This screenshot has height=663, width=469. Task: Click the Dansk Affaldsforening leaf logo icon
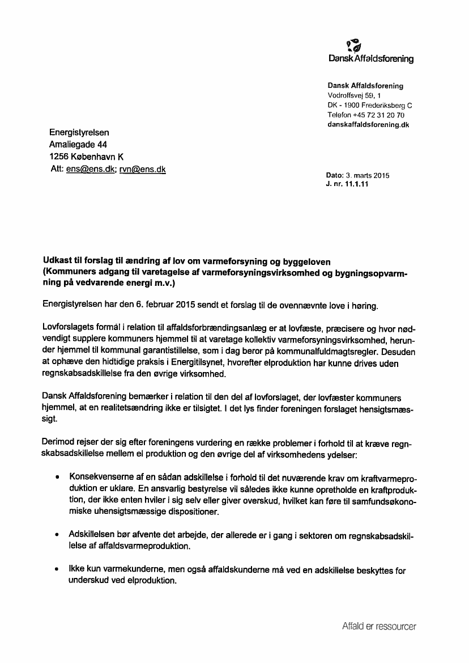click(x=354, y=44)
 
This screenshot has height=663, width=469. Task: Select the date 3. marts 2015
click(x=368, y=176)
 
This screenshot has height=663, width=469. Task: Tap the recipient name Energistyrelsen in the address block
click(x=79, y=133)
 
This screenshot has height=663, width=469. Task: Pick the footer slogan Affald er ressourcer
click(x=379, y=627)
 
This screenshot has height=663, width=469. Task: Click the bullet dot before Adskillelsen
click(x=57, y=535)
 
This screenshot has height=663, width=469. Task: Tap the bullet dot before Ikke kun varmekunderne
click(x=57, y=569)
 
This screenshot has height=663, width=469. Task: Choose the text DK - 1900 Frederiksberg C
click(x=370, y=105)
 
